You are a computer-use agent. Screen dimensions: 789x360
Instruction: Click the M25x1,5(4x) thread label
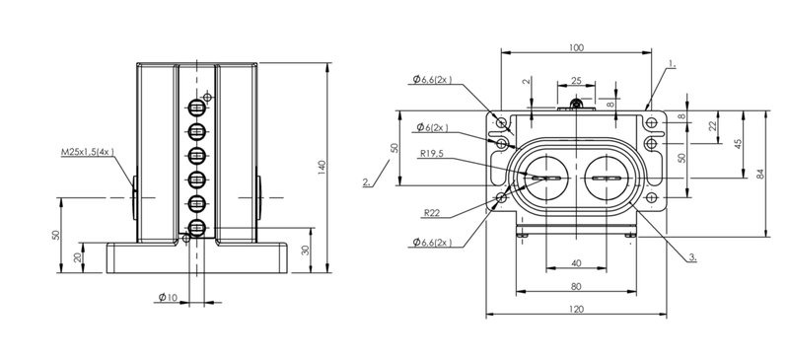88,152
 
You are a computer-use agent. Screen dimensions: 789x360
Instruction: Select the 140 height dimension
323,167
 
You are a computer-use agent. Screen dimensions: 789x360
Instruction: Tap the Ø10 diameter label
168,298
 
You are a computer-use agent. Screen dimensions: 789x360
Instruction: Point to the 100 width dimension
576,47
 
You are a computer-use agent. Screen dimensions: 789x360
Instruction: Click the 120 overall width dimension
576,309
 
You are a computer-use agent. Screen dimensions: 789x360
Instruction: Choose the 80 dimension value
576,286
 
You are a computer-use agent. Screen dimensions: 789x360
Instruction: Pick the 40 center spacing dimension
576,263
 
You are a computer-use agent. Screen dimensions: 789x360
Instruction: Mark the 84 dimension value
760,174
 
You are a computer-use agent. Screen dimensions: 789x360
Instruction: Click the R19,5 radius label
430,154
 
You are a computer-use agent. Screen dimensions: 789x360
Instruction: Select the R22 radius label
432,213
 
